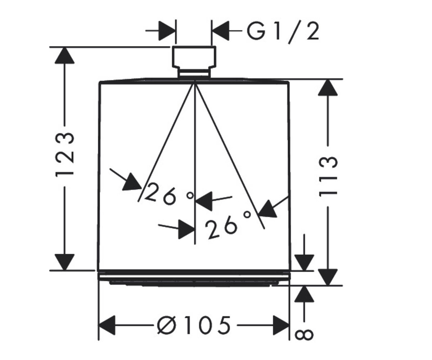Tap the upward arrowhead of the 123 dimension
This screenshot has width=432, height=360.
(64, 55)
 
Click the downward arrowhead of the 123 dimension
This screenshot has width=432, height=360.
(64, 262)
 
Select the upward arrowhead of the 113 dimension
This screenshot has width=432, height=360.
(328, 87)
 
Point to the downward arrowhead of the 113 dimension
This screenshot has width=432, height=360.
(328, 277)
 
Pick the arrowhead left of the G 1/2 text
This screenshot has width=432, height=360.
(221, 31)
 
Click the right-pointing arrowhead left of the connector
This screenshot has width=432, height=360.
(167, 31)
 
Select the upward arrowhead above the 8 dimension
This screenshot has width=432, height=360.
(304, 294)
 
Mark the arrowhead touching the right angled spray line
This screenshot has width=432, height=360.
(267, 210)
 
